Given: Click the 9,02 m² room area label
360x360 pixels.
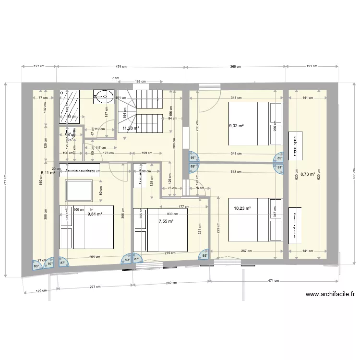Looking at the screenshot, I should [236, 126].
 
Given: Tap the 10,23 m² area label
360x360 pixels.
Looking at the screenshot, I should [242, 208].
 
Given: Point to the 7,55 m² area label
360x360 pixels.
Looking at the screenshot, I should [166, 221].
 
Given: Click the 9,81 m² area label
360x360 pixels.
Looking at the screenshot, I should [95, 215].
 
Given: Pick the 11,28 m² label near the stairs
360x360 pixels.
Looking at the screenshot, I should [131, 128].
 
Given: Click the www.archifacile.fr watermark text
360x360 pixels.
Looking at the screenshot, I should [329, 295].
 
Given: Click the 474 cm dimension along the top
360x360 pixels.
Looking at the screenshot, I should [120, 67].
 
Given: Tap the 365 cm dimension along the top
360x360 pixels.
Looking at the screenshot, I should [236, 67].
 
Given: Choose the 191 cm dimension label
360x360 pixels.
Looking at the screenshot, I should [313, 67].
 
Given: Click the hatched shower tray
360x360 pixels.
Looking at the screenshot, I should [70, 104].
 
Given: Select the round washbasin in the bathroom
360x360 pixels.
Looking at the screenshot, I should [103, 96].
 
